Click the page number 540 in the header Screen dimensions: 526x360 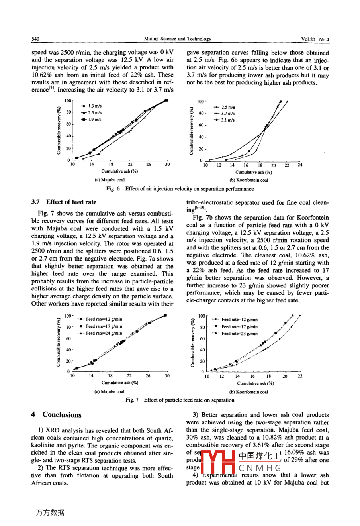35,39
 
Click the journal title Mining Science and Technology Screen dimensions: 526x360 178,39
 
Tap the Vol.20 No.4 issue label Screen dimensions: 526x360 315,39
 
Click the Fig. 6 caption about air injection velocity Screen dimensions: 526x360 180,189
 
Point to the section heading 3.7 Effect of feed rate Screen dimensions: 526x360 64,202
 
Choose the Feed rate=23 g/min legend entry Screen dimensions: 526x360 239,334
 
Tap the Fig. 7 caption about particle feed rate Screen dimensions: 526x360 180,400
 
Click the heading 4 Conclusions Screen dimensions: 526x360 57,415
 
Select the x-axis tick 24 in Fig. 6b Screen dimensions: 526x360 300,165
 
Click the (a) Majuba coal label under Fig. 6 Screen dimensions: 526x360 110,180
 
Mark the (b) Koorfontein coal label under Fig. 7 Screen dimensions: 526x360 248,392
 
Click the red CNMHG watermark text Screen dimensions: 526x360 260,468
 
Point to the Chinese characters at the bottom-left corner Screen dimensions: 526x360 50,512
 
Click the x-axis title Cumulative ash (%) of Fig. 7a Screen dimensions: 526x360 120,383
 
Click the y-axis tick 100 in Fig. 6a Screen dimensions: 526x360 68,101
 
